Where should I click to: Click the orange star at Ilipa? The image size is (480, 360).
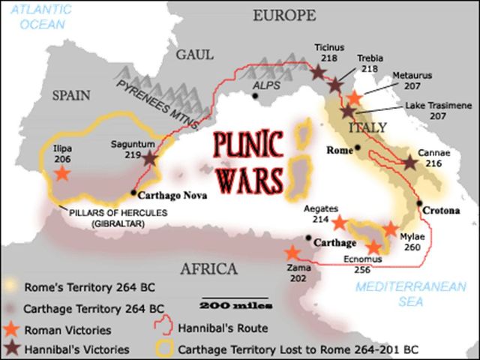click(61, 173)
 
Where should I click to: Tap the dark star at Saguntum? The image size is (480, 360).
click(151, 158)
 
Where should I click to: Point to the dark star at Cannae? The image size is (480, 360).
click(409, 163)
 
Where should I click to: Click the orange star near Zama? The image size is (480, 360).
click(292, 253)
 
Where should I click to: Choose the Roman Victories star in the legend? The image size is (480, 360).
click(13, 328)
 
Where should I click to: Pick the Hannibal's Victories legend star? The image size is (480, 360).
click(13, 349)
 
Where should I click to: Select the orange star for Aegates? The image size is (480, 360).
click(339, 223)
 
